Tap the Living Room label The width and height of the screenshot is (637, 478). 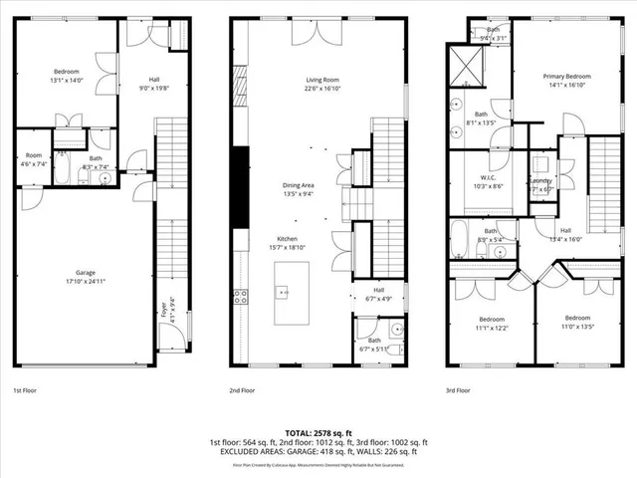322,81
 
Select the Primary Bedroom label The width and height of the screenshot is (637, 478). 566,77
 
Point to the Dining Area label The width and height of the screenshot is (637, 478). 297,183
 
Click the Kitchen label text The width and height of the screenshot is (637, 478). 288,239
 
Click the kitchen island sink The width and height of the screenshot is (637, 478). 283,292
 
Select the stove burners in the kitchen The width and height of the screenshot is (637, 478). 240,295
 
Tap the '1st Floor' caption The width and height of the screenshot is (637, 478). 26,391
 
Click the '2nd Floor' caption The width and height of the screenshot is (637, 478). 242,391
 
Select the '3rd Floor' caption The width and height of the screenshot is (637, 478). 458,391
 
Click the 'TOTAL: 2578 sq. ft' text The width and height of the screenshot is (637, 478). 318,433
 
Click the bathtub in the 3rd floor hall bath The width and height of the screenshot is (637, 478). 460,240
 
